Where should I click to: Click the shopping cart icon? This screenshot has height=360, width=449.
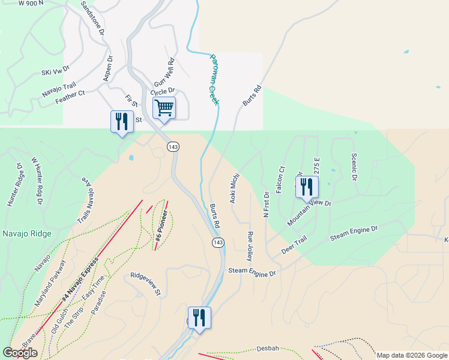click(164, 109)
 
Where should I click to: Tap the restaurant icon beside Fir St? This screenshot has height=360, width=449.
click(122, 122)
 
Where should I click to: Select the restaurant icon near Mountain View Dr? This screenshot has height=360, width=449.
click(307, 188)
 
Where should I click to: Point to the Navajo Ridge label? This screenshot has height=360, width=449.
click(26, 233)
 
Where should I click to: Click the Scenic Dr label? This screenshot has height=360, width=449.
click(353, 166)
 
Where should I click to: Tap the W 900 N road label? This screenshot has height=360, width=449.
click(32, 4)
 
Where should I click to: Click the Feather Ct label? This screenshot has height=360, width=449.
click(70, 97)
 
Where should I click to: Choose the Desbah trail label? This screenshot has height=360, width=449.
click(268, 348)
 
